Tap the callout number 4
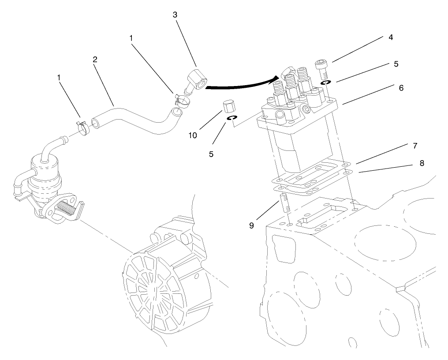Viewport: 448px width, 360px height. click(x=391, y=37)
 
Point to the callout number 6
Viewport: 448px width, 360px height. click(x=401, y=88)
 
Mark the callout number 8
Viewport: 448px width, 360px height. click(x=422, y=163)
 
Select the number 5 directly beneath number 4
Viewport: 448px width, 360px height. click(x=396, y=64)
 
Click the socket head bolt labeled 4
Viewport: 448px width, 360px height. click(x=321, y=68)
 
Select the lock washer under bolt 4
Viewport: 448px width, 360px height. click(x=325, y=82)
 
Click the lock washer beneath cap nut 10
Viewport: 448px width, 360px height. click(x=232, y=118)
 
